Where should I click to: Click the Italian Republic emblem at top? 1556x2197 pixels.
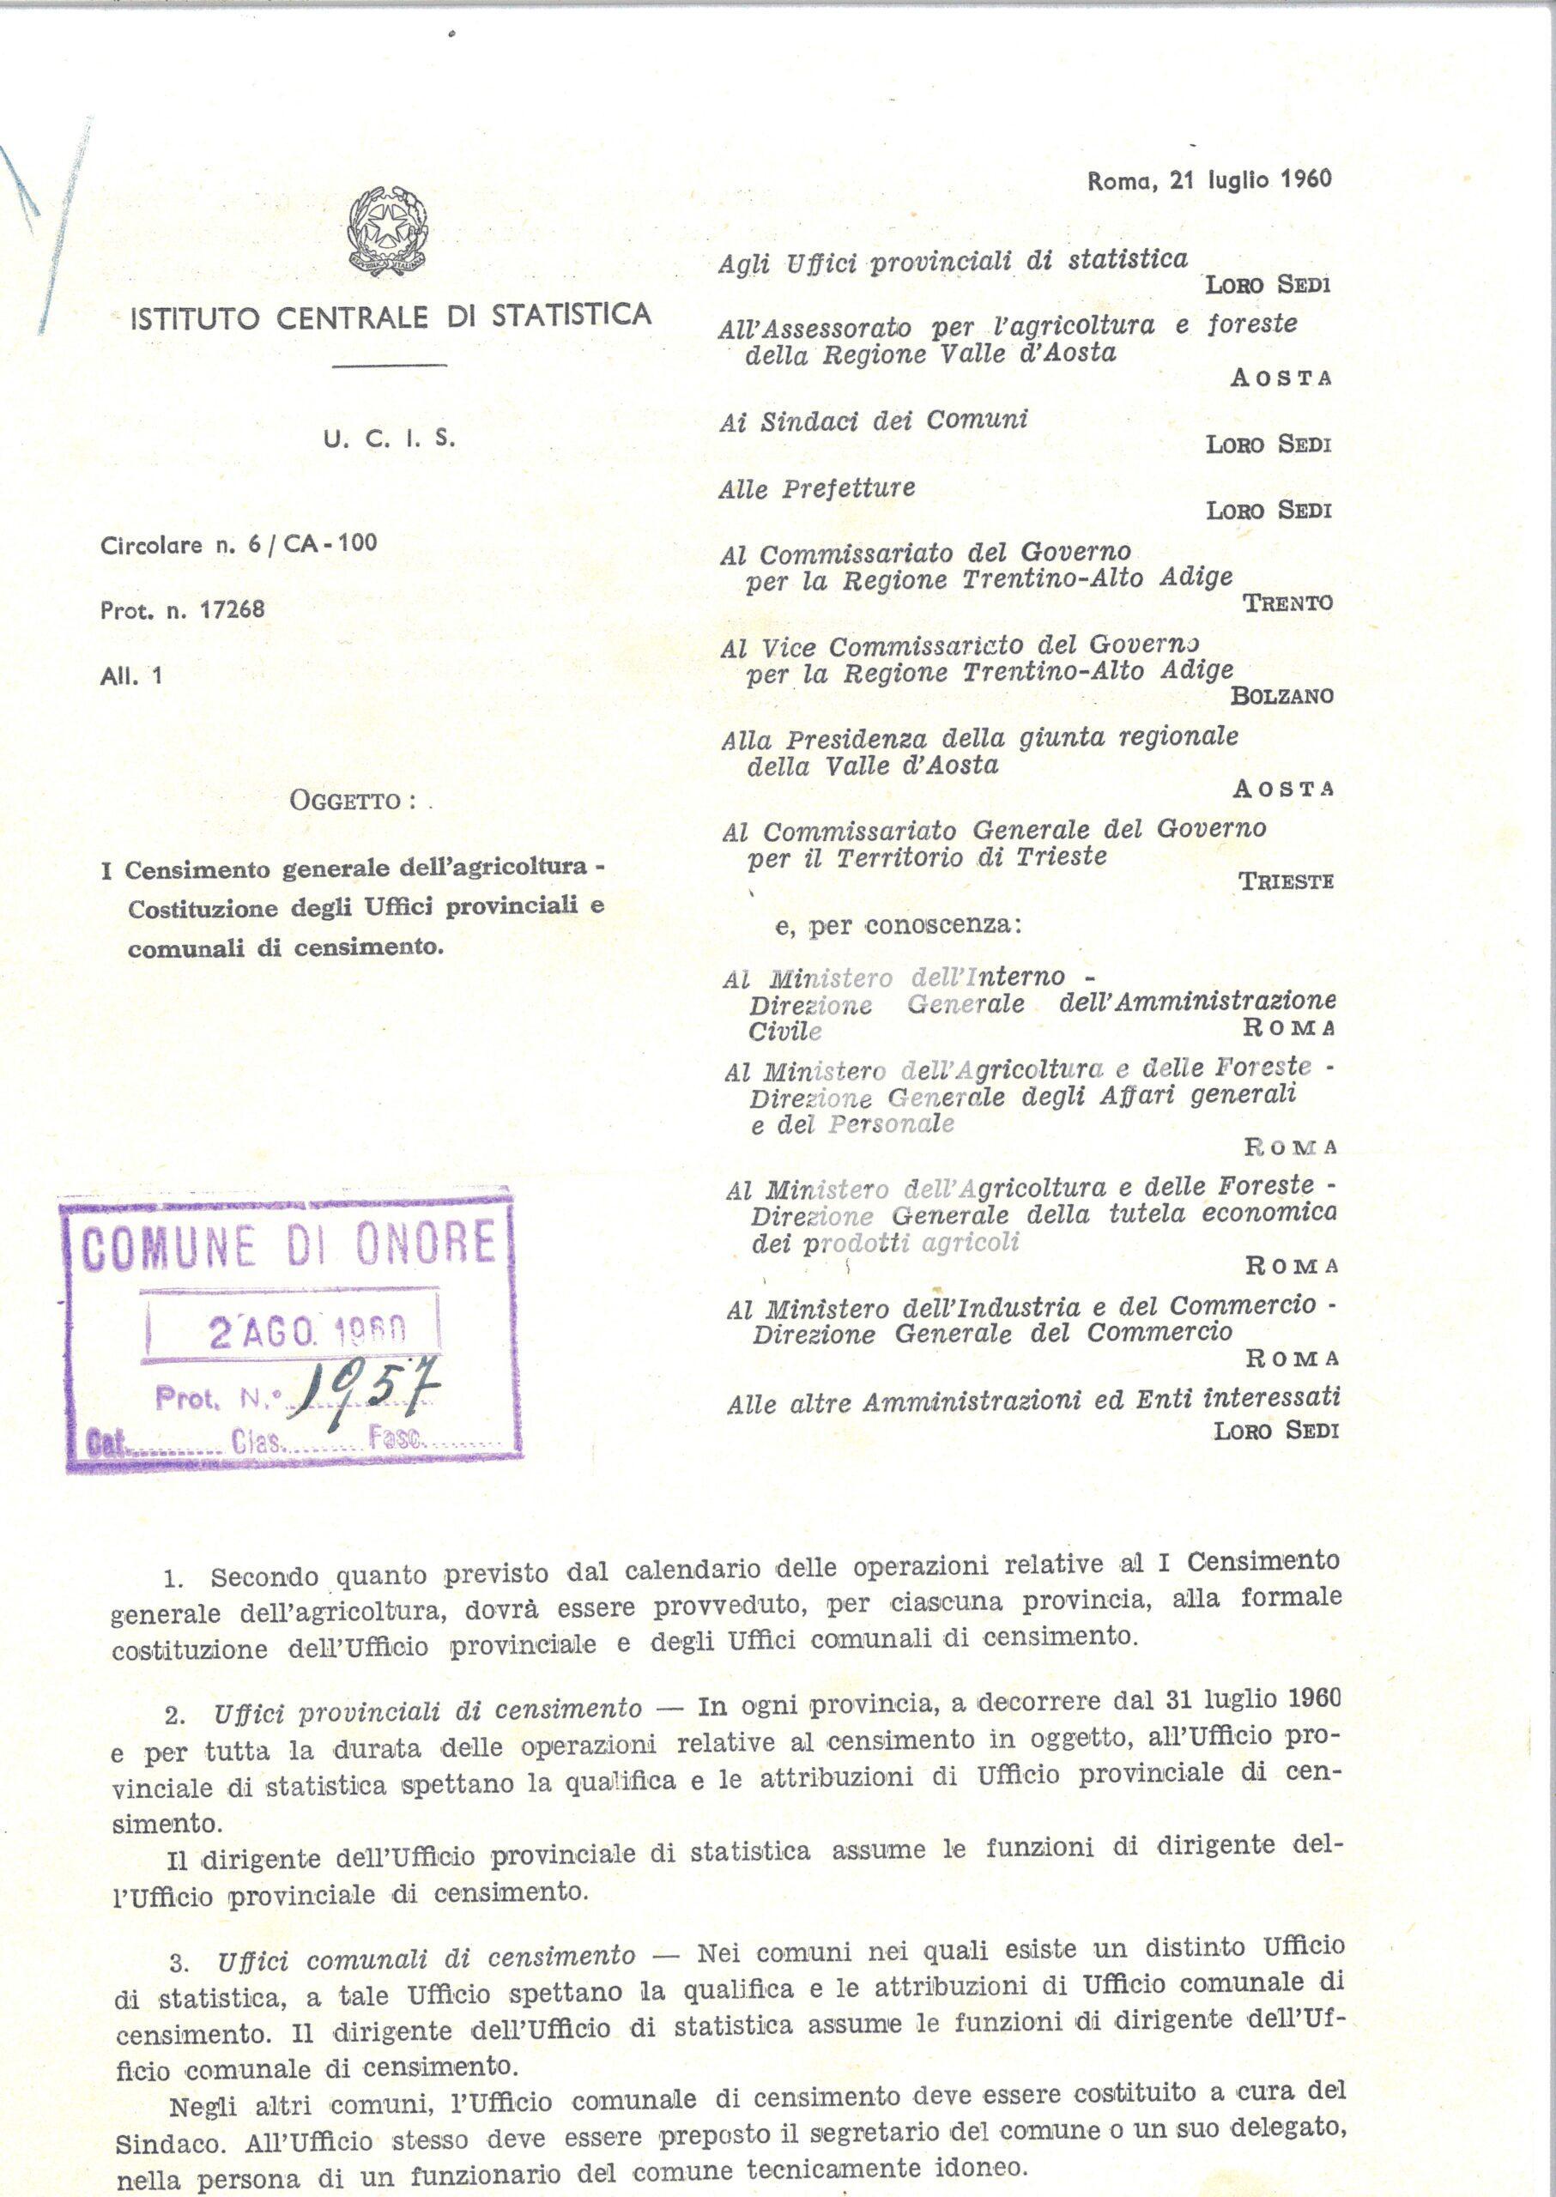[389, 228]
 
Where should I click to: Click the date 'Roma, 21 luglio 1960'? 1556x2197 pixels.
[1210, 179]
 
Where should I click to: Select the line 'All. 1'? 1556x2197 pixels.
[131, 675]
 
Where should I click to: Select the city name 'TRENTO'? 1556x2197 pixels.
[1287, 603]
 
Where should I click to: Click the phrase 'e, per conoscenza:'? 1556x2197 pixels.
[898, 928]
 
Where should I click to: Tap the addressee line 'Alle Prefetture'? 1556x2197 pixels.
[817, 488]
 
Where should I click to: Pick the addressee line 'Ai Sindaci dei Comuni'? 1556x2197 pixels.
[873, 421]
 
